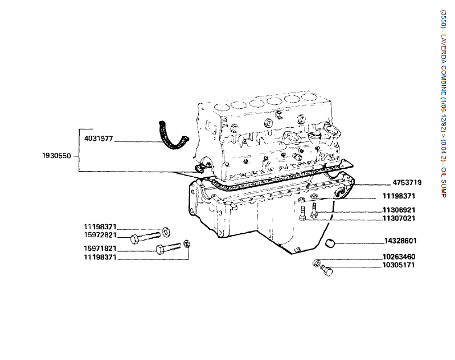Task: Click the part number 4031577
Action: tap(99, 138)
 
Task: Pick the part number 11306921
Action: tap(399, 210)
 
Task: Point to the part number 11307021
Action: tap(399, 218)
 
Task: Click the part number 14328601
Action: tap(400, 241)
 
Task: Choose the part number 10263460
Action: tap(399, 257)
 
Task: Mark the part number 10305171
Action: tap(399, 265)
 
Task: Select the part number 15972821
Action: tap(100, 234)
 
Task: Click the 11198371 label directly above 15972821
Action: tap(100, 227)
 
